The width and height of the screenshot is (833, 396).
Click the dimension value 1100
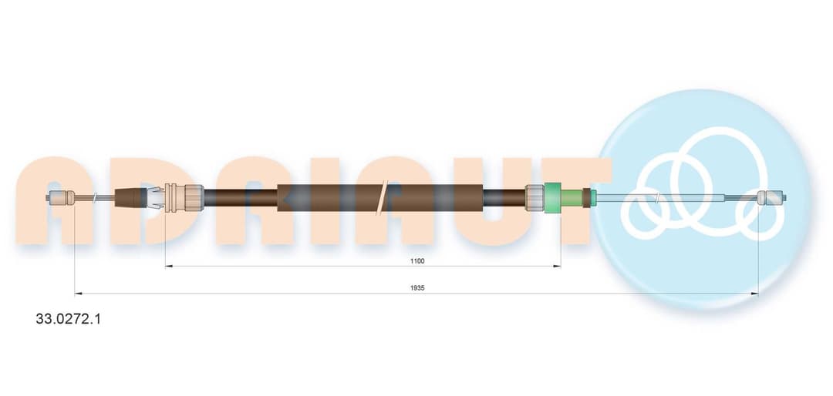(x=417, y=260)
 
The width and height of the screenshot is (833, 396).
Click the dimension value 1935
(x=417, y=287)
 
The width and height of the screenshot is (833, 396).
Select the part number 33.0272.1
(x=68, y=319)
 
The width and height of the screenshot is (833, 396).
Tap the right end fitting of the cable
(x=771, y=198)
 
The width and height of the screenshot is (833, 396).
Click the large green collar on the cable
(x=553, y=197)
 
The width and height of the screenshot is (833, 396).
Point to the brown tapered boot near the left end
(x=131, y=198)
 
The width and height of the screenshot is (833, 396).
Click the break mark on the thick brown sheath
(x=382, y=197)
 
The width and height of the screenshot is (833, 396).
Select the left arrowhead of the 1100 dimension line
(x=169, y=267)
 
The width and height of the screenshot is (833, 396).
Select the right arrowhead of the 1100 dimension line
(x=558, y=267)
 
